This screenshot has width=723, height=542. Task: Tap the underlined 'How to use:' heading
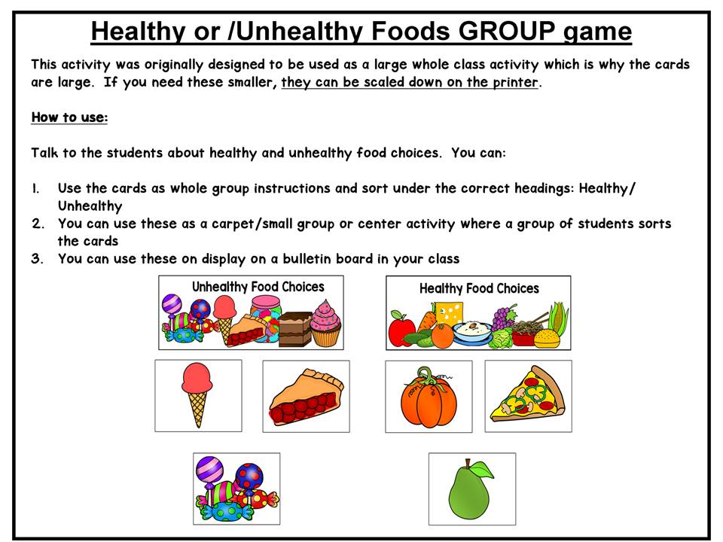(x=69, y=117)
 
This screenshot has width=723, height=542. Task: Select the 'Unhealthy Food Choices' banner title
(x=258, y=287)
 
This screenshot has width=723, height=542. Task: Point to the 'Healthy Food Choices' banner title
(x=479, y=288)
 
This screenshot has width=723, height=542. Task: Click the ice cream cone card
(x=198, y=396)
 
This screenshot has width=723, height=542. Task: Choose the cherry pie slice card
(x=307, y=397)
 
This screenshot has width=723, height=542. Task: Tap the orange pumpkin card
(x=429, y=397)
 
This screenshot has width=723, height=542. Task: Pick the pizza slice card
(x=529, y=397)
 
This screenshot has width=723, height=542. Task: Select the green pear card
(x=472, y=489)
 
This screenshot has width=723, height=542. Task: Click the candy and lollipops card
(x=236, y=489)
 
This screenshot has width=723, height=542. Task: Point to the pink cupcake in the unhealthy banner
(x=325, y=323)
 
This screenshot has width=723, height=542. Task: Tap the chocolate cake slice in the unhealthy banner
(x=295, y=329)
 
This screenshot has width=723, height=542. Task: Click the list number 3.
(x=37, y=258)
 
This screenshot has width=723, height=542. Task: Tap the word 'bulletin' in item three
(x=307, y=258)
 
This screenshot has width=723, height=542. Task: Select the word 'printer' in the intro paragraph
(x=515, y=82)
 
